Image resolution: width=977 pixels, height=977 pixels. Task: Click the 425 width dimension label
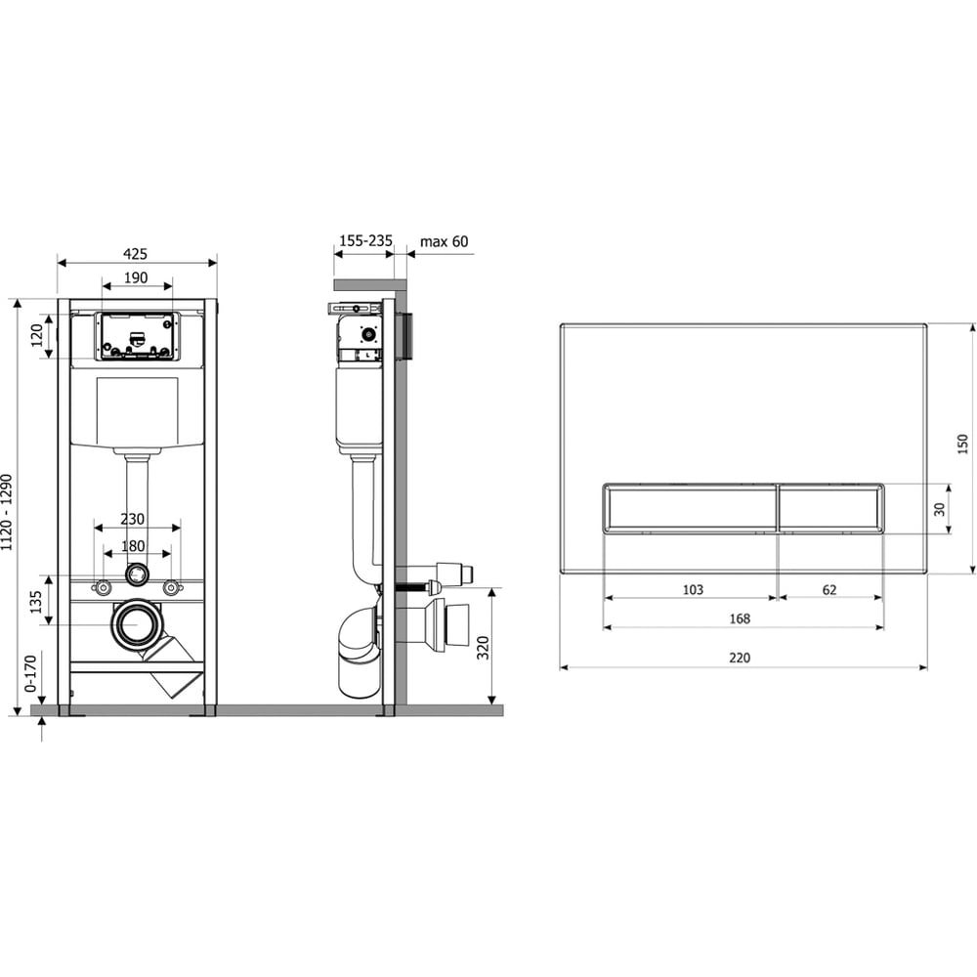(x=135, y=254)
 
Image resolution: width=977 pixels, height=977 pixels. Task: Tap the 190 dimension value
(x=136, y=277)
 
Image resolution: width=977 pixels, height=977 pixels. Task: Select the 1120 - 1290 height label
(x=7, y=513)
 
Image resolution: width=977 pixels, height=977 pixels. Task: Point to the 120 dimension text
(x=37, y=335)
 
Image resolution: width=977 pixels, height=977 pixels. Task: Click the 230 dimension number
(x=132, y=519)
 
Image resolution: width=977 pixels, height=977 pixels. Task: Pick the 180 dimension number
(x=133, y=546)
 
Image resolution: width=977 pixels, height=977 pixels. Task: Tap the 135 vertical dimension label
(x=36, y=601)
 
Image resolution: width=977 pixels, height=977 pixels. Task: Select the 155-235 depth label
(x=365, y=240)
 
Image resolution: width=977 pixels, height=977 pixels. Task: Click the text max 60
(x=445, y=241)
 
